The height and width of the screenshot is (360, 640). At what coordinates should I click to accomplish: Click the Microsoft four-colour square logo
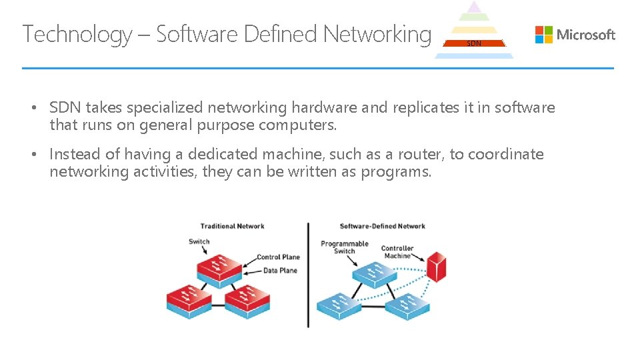[544, 34]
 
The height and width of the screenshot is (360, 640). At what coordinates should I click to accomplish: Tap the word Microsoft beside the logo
[586, 35]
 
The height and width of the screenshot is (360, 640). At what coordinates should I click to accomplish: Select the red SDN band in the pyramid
[474, 43]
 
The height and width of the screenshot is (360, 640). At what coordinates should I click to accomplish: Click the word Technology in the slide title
[77, 34]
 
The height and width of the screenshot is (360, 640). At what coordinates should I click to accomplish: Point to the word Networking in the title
[377, 34]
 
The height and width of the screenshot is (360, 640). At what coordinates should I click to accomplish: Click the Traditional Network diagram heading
[232, 226]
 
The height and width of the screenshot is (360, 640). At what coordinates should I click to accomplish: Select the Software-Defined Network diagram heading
[383, 226]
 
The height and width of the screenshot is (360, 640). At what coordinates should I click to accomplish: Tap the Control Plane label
[279, 257]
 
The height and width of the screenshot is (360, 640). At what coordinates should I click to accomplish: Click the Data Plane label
[280, 271]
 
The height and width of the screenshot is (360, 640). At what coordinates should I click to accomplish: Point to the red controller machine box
[436, 267]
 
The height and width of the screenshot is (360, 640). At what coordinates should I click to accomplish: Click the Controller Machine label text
[397, 252]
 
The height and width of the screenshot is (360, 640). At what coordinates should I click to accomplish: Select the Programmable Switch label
[345, 247]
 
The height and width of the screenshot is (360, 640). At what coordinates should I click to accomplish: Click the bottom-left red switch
[189, 301]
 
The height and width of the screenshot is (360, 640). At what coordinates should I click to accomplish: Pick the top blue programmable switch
[375, 275]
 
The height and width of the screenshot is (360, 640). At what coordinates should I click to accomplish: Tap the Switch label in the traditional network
[199, 241]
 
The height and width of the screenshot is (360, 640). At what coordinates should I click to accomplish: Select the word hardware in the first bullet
[324, 108]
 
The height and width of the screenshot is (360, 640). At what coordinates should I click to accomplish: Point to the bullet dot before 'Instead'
[34, 154]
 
